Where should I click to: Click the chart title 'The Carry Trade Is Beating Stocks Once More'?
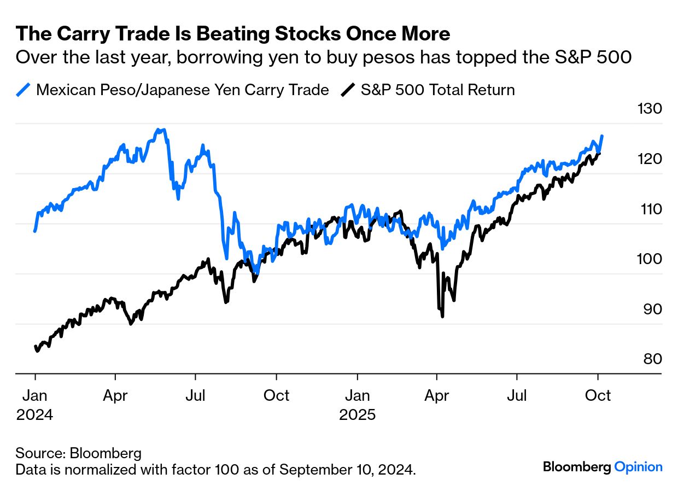[x=233, y=34]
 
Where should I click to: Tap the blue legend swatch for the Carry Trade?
[x=24, y=90]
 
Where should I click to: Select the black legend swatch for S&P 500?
[x=348, y=90]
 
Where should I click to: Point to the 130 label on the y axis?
[x=650, y=109]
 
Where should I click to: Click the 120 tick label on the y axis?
[x=650, y=159]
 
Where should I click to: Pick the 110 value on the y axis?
[x=650, y=209]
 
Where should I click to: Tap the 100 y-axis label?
[x=650, y=259]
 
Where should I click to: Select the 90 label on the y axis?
[x=650, y=309]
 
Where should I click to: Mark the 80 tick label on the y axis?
[x=650, y=359]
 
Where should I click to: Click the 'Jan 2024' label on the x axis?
[x=35, y=405]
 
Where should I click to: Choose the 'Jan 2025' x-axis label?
[x=358, y=405]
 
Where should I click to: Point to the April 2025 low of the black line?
[x=442, y=316]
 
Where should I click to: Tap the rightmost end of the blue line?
[x=602, y=136]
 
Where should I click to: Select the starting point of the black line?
[x=35, y=347]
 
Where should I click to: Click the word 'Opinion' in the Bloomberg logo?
[x=638, y=467]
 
